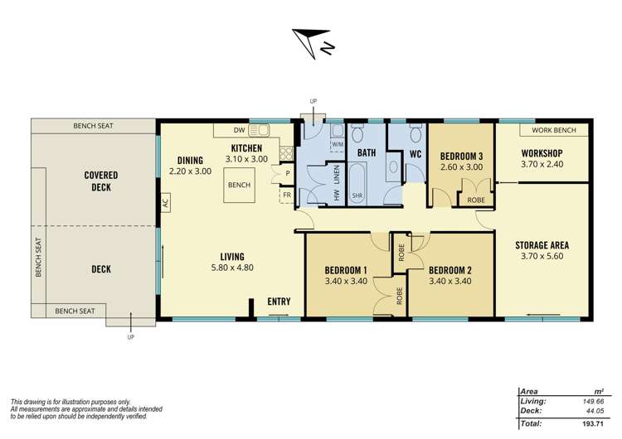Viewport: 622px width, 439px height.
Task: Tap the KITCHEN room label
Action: point(247,147)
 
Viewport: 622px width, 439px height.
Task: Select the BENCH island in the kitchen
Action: point(240,186)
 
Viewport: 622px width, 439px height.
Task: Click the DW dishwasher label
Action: point(239,130)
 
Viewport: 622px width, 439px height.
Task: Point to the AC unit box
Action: point(165,201)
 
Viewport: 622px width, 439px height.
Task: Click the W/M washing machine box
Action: point(338,144)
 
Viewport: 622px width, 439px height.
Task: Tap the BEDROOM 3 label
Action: point(461,156)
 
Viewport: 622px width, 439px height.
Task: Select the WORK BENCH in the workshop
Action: point(554,130)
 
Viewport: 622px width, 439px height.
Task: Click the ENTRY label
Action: point(279,302)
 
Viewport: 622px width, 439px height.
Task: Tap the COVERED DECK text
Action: point(101,181)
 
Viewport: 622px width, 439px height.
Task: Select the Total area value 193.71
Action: point(590,424)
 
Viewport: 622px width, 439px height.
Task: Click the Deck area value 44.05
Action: point(590,411)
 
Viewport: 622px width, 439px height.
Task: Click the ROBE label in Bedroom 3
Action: point(477,200)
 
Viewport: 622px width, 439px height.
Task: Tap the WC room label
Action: point(416,153)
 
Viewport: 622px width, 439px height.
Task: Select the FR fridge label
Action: point(286,195)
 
